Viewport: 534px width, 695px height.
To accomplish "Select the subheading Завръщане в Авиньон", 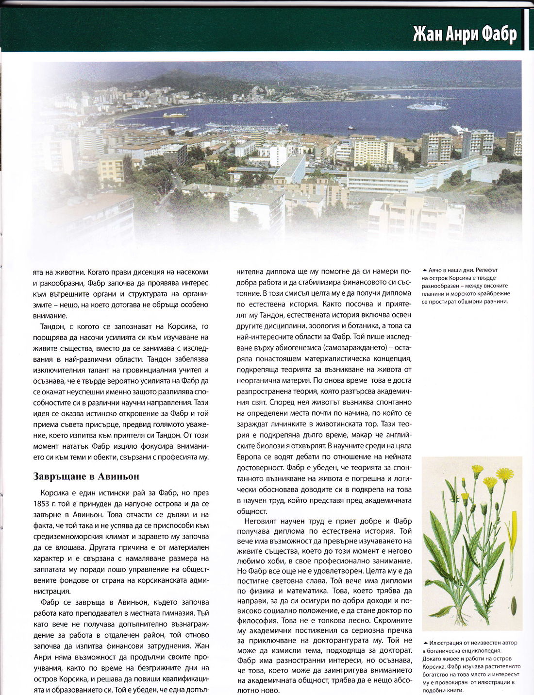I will click(x=86, y=476).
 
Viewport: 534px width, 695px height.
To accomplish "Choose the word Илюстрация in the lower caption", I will click(x=445, y=643).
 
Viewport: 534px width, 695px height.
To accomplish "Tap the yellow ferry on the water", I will click(x=175, y=115).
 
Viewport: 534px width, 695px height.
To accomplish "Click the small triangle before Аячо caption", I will click(x=425, y=270).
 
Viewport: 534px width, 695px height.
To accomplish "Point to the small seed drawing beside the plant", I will click(x=514, y=606).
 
